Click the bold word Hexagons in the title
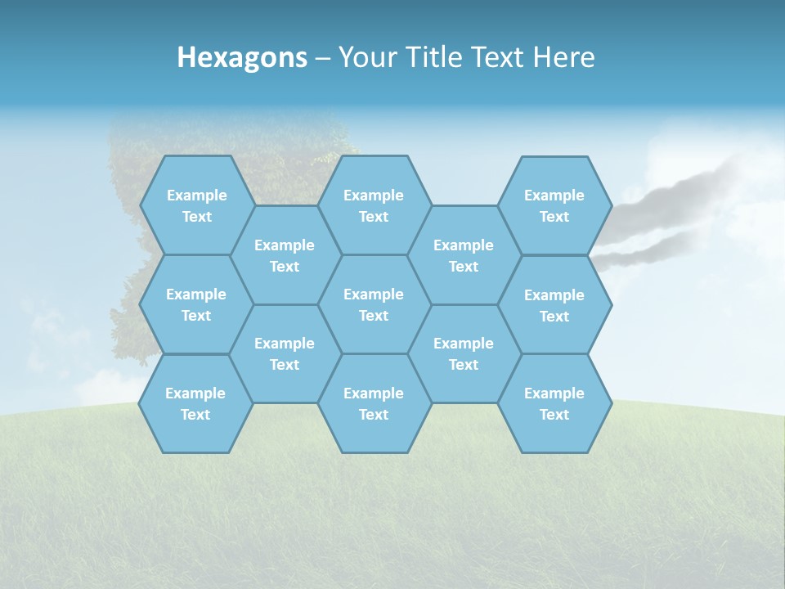click(242, 57)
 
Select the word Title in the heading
click(437, 57)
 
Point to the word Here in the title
click(563, 57)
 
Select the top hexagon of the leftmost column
click(196, 205)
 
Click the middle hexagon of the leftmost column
click(196, 304)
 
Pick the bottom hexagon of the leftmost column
click(195, 403)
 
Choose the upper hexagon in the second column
click(285, 255)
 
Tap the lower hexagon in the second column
click(285, 353)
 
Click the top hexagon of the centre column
click(374, 205)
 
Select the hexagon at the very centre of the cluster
click(374, 304)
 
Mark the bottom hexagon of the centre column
click(374, 403)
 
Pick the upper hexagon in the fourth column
click(464, 255)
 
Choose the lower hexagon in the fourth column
click(464, 353)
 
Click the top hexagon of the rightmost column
click(554, 205)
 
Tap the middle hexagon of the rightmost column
click(554, 305)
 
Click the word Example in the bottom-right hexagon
click(554, 393)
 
